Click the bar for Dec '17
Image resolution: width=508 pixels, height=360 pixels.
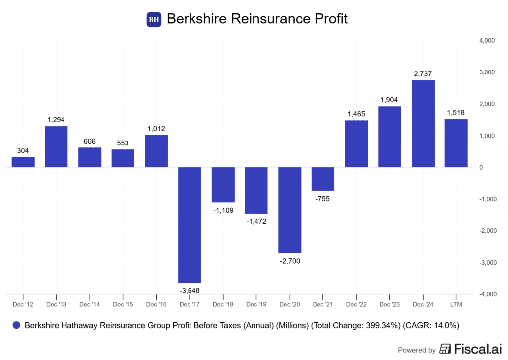[190, 225]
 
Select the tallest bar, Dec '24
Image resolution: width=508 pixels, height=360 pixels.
[423, 124]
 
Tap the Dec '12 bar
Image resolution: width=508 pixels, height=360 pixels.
[23, 162]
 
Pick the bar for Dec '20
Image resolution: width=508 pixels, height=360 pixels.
[290, 210]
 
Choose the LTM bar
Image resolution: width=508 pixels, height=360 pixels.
[456, 143]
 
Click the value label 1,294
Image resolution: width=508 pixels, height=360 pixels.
[56, 120]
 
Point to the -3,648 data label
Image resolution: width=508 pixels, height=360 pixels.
[190, 290]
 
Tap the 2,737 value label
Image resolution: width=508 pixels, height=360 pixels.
[423, 73]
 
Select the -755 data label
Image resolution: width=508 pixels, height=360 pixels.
[323, 198]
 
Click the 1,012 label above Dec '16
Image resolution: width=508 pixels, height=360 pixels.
[156, 129]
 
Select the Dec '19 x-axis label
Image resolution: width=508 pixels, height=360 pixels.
[256, 304]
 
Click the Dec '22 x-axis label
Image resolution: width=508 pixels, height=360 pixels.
[356, 304]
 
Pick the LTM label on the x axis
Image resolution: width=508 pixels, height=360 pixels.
[456, 304]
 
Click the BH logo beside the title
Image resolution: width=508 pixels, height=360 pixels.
[154, 20]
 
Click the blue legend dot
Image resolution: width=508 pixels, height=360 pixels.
[16, 326]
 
